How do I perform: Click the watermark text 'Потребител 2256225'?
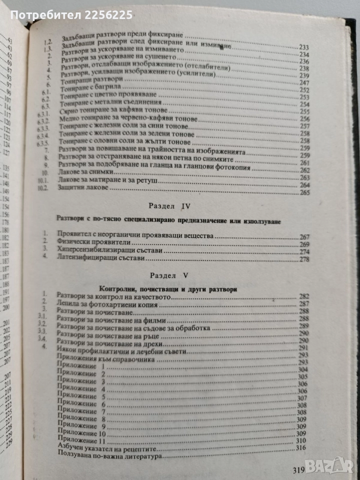coord(71,15)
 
